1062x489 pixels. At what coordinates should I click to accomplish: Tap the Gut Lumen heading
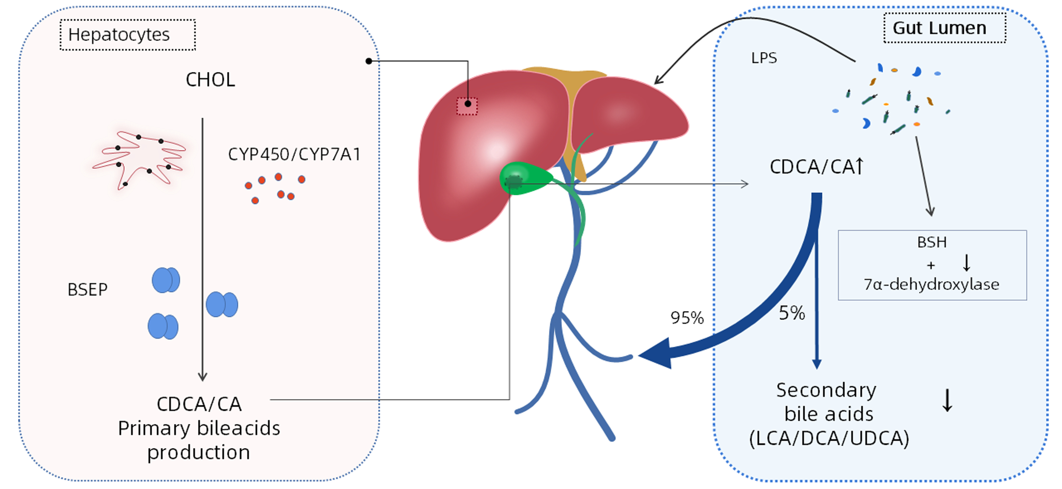pyautogui.click(x=944, y=28)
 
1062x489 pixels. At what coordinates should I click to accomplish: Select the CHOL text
pyautogui.click(x=210, y=80)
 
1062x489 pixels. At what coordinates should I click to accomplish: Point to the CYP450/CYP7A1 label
pyautogui.click(x=294, y=154)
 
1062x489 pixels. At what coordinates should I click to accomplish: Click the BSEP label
pyautogui.click(x=87, y=290)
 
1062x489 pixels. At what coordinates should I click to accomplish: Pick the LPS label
pyautogui.click(x=764, y=58)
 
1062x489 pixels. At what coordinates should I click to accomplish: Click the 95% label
pyautogui.click(x=687, y=318)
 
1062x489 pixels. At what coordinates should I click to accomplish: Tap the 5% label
pyautogui.click(x=792, y=313)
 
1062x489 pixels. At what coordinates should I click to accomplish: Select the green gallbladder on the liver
pyautogui.click(x=524, y=179)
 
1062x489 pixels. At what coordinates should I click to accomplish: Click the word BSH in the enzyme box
pyautogui.click(x=932, y=242)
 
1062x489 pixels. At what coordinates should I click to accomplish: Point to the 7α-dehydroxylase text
pyautogui.click(x=931, y=285)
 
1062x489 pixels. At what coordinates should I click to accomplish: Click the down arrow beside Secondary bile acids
pyautogui.click(x=948, y=401)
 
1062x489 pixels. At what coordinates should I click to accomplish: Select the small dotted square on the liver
pyautogui.click(x=467, y=106)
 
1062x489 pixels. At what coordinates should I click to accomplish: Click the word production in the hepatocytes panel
pyautogui.click(x=199, y=453)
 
